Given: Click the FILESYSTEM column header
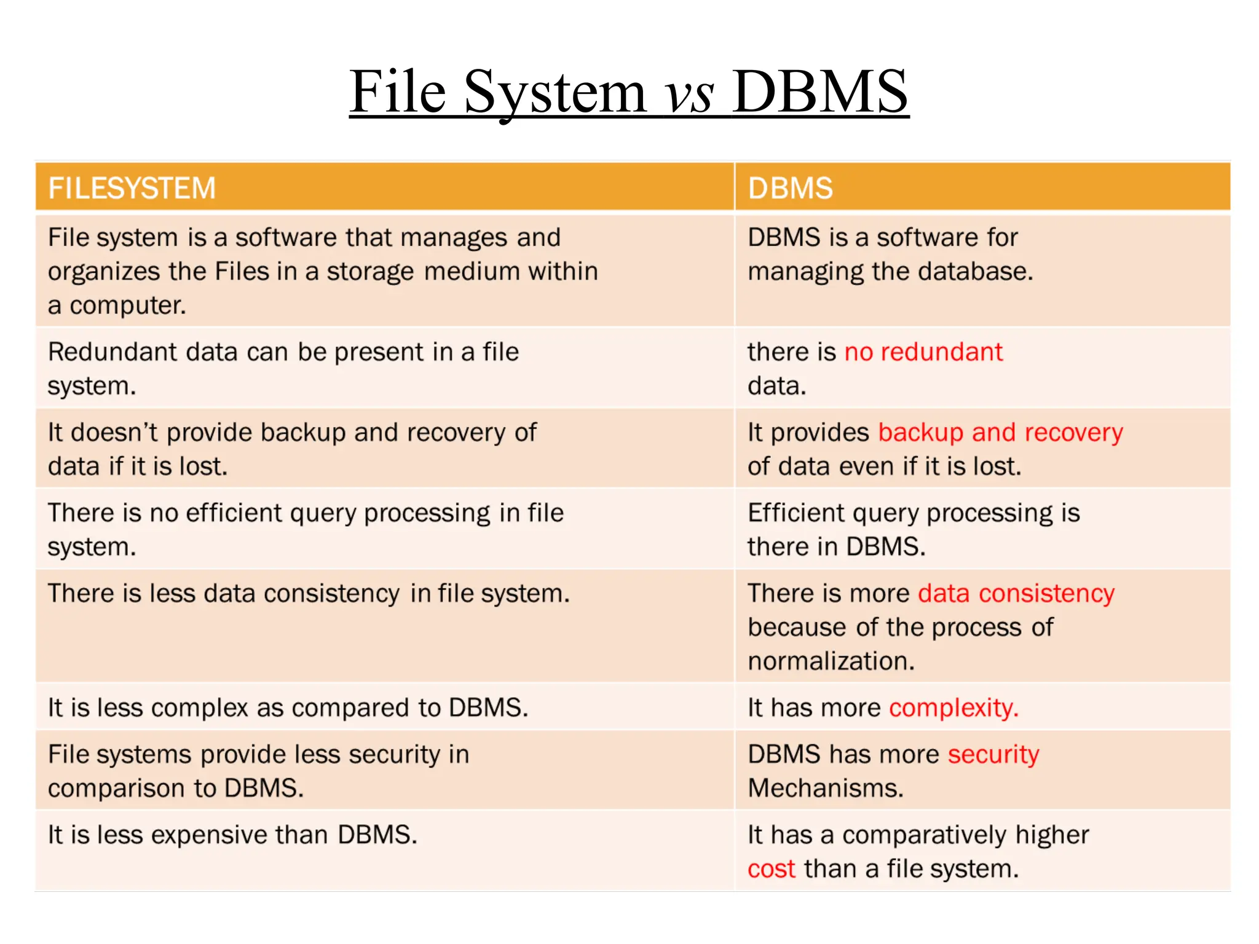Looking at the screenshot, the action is pos(132,188).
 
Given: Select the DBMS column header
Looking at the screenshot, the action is pos(790,188).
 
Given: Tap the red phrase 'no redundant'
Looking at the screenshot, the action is pos(923,352).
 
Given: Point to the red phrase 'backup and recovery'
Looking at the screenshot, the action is pos(1000,433).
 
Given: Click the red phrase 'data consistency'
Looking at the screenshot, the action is pos(1016,594).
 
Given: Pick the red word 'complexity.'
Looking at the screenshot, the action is pos(954,708).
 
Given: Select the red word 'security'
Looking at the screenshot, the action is pos(993,755).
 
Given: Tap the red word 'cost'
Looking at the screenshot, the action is pos(772,869).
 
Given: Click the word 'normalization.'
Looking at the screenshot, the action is pos(831,661).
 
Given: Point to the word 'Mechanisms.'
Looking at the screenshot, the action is pos(826,789).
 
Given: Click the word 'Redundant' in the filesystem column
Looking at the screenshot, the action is pos(112,352).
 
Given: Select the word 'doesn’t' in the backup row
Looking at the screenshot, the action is pos(115,433).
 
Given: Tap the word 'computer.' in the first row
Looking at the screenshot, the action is pos(127,305).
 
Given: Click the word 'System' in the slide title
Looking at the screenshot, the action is pos(555,93).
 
